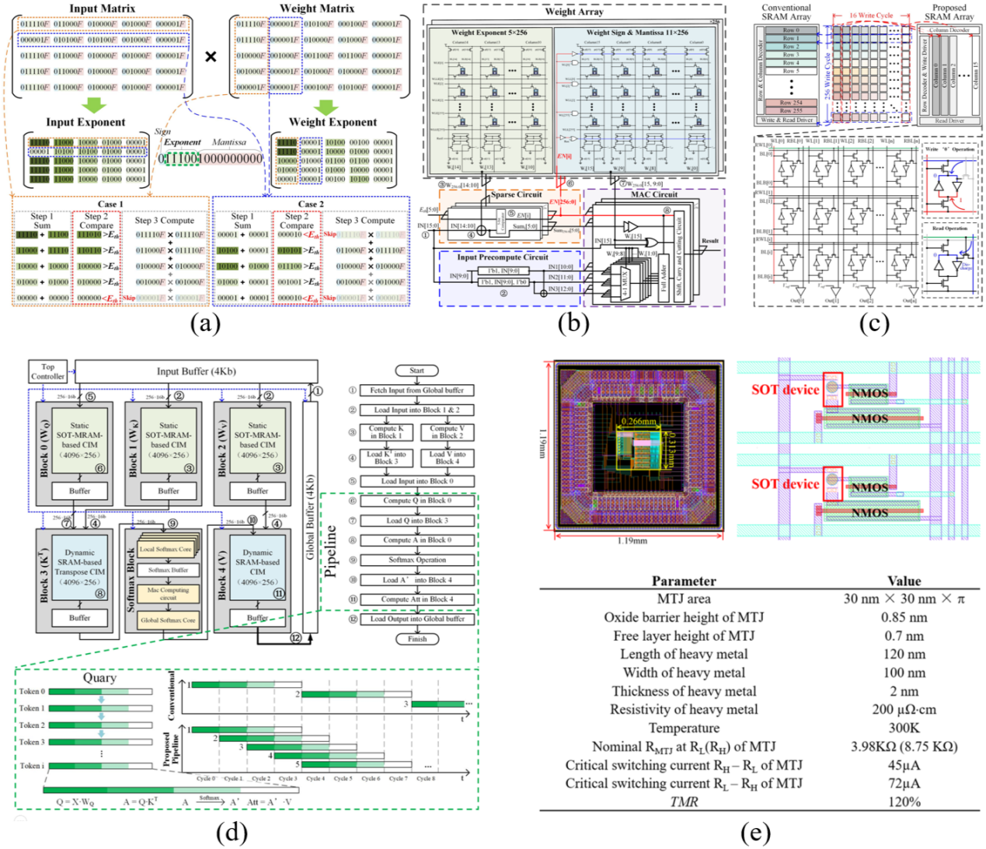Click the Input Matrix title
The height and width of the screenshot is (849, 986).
click(102, 9)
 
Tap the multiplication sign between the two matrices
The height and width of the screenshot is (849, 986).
click(211, 57)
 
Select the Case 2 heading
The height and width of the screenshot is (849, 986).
click(308, 204)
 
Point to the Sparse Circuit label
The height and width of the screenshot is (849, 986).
click(516, 194)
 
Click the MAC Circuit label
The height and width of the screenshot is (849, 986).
click(653, 194)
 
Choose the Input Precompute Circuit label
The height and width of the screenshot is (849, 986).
click(503, 257)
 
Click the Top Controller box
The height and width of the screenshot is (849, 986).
click(48, 372)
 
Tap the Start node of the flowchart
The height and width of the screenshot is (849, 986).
click(416, 371)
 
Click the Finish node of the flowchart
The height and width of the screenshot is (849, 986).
click(416, 639)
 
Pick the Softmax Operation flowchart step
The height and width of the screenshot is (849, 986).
click(416, 560)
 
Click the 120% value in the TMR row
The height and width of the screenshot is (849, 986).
click(904, 802)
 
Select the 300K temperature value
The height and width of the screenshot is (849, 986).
click(904, 728)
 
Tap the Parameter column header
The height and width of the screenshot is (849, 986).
click(684, 581)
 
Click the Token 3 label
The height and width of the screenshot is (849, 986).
click(32, 742)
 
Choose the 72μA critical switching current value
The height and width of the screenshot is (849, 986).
click(904, 783)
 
